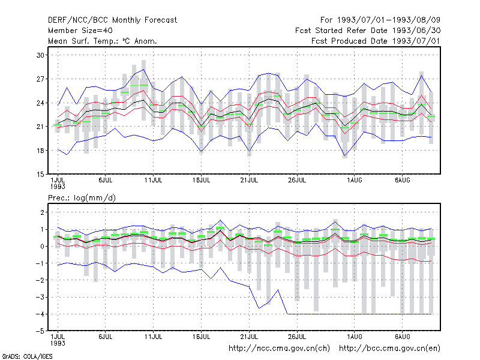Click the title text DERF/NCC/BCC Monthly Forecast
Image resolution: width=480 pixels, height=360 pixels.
click(x=112, y=20)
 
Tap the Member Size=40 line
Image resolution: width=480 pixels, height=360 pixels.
click(x=80, y=31)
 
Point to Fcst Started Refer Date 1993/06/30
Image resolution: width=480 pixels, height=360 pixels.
click(x=368, y=31)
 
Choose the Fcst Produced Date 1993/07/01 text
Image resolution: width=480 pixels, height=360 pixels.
click(x=376, y=41)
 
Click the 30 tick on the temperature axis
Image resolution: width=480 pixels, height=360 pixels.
click(x=40, y=55)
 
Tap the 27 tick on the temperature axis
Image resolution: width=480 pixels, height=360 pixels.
click(x=40, y=79)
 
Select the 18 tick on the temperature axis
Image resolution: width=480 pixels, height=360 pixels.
click(x=40, y=151)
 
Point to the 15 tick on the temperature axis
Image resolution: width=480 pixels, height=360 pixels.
click(x=40, y=175)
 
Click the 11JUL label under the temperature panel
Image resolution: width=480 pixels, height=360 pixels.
click(x=153, y=180)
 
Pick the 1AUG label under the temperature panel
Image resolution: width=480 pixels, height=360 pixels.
click(x=355, y=180)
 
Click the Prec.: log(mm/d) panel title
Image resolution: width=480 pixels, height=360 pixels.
click(x=82, y=198)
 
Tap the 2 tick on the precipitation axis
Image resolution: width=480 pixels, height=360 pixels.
click(x=42, y=212)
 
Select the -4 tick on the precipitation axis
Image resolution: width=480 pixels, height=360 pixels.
click(x=40, y=314)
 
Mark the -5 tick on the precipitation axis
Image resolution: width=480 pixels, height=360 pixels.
click(x=40, y=331)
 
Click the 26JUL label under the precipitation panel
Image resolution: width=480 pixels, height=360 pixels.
click(x=297, y=337)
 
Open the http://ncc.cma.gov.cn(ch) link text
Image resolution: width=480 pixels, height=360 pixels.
click(x=279, y=349)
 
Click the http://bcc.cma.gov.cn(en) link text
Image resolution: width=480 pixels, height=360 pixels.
click(x=389, y=349)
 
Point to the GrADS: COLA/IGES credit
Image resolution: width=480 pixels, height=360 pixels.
click(x=27, y=356)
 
